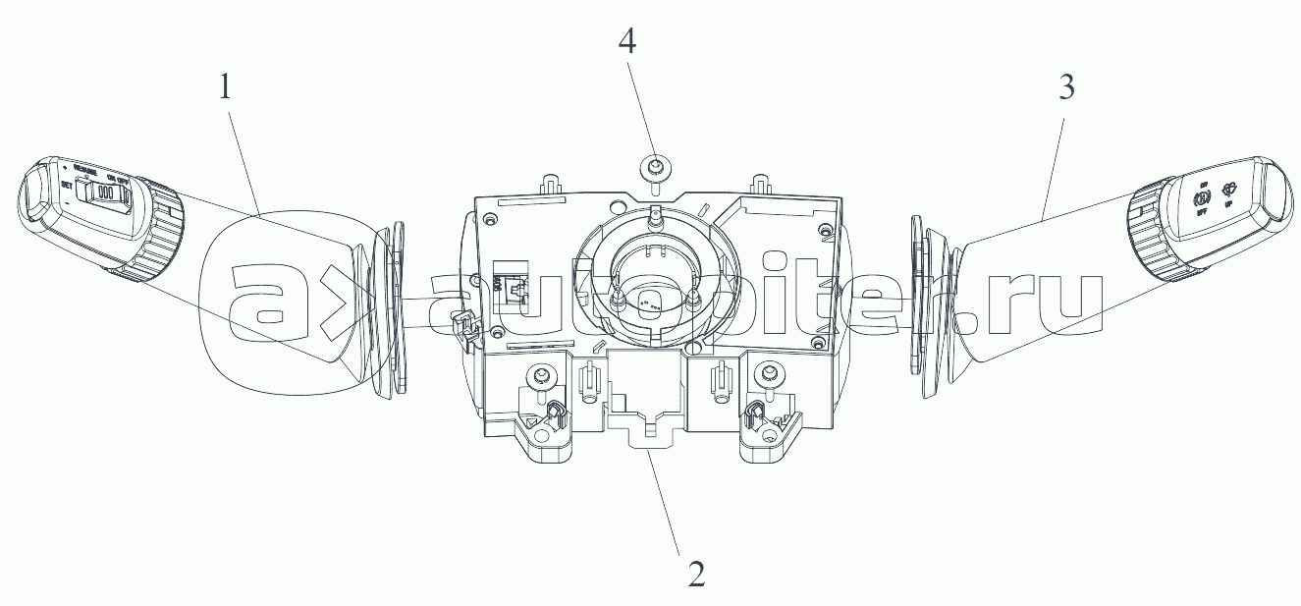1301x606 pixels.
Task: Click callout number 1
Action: pyautogui.click(x=227, y=88)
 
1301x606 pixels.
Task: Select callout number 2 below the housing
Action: pyautogui.click(x=695, y=573)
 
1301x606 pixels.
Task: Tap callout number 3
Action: pyautogui.click(x=1066, y=88)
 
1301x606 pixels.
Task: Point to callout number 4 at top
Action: pyautogui.click(x=627, y=41)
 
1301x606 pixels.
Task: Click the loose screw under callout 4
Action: pyautogui.click(x=652, y=167)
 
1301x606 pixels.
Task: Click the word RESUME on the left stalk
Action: pyautogui.click(x=90, y=169)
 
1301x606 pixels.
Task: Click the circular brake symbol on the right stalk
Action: pyautogui.click(x=1199, y=200)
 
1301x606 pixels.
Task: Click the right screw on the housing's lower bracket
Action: pyautogui.click(x=770, y=374)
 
